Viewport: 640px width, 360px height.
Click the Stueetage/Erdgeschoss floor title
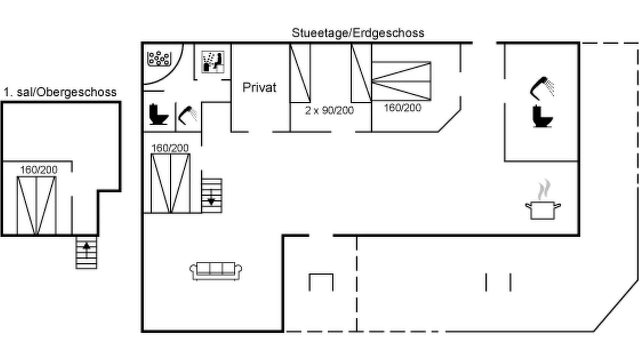click(358, 33)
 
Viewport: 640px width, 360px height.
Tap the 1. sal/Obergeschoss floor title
click(60, 92)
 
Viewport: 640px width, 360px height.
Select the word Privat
click(259, 87)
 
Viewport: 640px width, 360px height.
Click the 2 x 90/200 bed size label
click(329, 110)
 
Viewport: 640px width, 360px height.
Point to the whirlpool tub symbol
click(159, 59)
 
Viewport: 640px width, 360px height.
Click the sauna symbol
click(213, 62)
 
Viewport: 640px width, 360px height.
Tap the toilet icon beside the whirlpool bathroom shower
click(158, 114)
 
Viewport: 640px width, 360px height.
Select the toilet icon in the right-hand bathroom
click(542, 116)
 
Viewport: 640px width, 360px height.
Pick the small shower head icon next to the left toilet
click(187, 115)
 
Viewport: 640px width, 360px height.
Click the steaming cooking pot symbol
click(543, 199)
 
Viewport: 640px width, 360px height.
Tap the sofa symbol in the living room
click(216, 271)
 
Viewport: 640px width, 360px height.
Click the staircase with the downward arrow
click(212, 196)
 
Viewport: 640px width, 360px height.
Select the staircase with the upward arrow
click(86, 252)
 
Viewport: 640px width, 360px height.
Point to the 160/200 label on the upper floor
click(39, 170)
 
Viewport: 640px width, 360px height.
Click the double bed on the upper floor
click(36, 205)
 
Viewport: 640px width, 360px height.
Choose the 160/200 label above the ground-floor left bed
click(170, 148)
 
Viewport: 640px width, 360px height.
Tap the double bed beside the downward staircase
click(170, 183)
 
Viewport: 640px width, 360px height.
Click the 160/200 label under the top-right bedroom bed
click(403, 108)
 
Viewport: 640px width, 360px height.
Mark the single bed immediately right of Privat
click(300, 73)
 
